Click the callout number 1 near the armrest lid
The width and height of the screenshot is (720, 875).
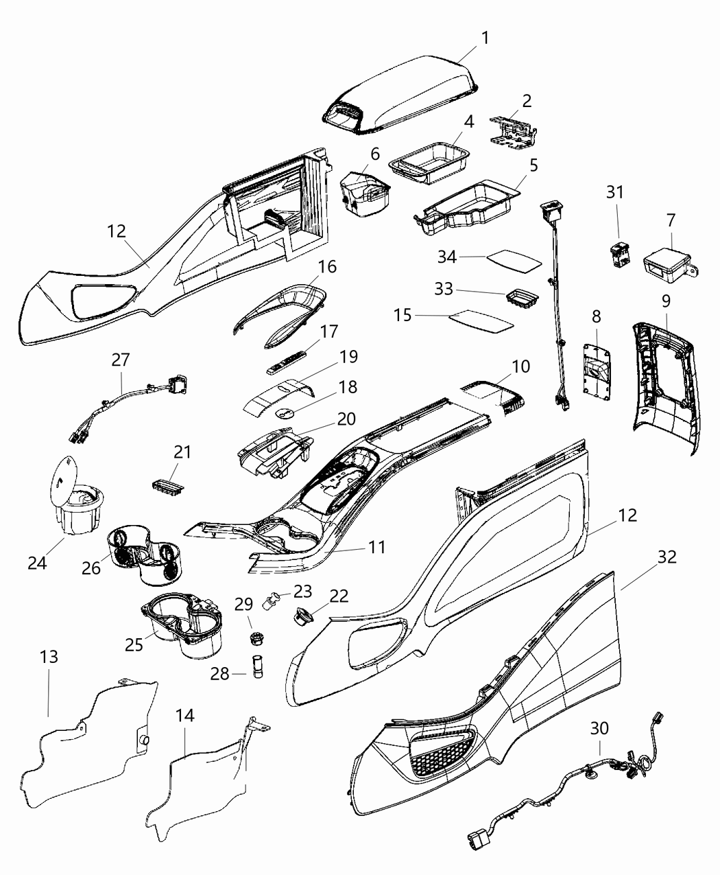485,38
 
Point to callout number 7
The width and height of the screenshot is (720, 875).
670,220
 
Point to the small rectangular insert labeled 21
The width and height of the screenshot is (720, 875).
167,485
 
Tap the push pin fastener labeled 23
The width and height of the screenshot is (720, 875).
271,602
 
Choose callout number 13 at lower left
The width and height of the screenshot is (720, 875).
48,657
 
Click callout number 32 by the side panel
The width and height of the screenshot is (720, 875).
667,557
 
